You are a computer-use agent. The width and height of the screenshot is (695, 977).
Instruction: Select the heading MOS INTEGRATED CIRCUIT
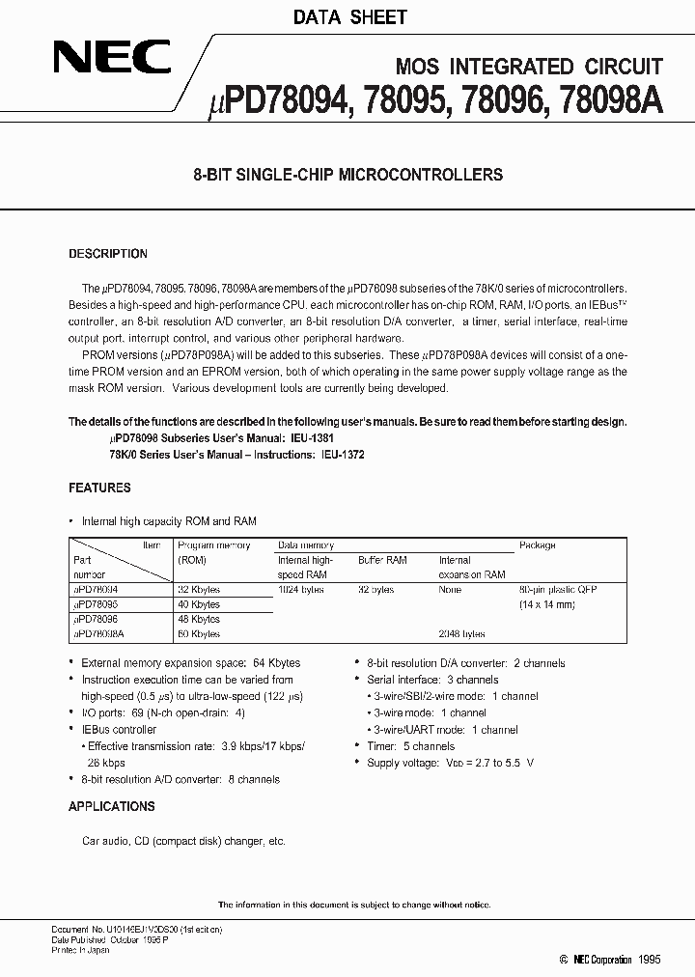(x=530, y=67)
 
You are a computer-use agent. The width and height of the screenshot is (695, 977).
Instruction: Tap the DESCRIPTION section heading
(x=108, y=254)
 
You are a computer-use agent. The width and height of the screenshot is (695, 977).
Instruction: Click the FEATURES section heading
(x=99, y=488)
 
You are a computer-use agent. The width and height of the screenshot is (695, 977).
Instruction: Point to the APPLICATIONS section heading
(x=111, y=806)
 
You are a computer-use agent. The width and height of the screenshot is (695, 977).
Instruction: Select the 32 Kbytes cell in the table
(x=199, y=589)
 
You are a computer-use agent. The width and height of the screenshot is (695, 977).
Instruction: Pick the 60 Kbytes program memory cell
(x=199, y=634)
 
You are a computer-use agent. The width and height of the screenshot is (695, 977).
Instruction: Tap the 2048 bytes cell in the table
(x=461, y=634)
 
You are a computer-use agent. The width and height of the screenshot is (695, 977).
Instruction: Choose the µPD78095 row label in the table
(x=99, y=604)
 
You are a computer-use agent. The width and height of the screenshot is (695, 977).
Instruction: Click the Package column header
(x=537, y=545)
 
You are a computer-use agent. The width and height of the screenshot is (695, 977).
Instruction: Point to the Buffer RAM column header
(x=382, y=560)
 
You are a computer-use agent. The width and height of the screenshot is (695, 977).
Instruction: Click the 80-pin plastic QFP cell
(x=558, y=589)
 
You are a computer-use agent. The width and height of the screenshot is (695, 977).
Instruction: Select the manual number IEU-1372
(x=343, y=454)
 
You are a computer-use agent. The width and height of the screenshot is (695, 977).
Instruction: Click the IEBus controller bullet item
(x=119, y=730)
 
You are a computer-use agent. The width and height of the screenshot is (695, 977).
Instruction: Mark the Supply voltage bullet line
(x=450, y=763)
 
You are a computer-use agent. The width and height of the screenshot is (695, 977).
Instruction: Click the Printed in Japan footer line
(x=80, y=950)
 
